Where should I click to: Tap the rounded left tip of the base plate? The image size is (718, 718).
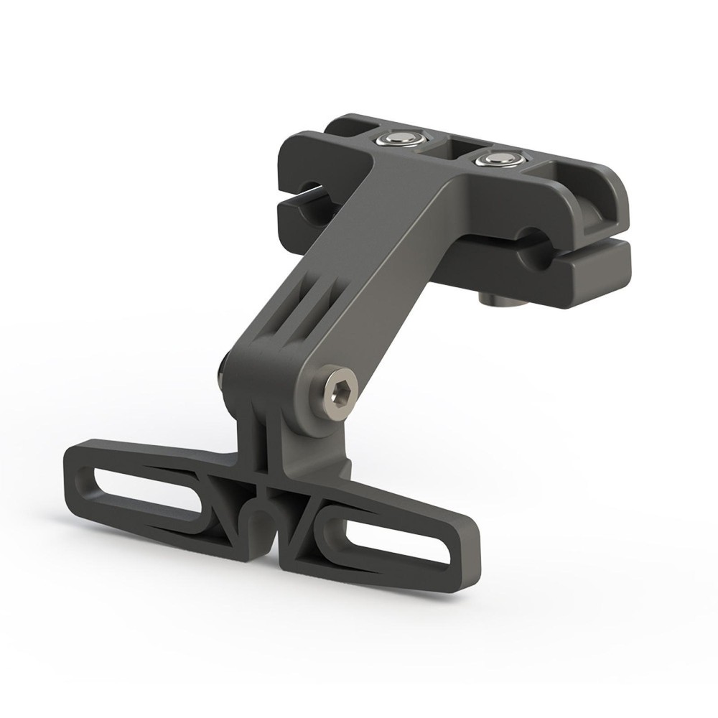pos(75,470)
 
